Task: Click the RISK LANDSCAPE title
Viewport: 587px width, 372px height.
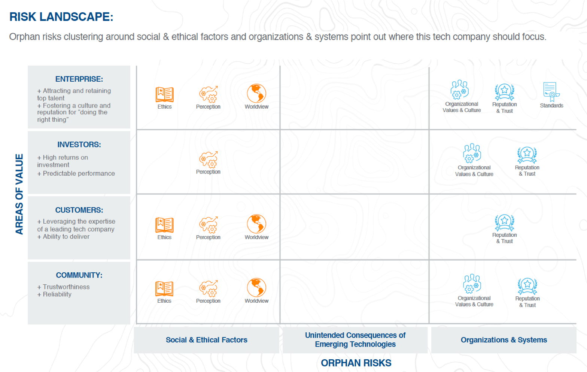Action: (61, 17)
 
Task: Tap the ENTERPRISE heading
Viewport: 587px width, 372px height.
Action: (79, 79)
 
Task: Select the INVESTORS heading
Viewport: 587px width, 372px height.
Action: (79, 145)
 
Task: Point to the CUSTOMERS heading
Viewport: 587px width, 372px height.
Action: (79, 210)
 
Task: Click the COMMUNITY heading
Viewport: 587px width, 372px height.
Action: (79, 275)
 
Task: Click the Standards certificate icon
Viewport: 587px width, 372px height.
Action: (551, 92)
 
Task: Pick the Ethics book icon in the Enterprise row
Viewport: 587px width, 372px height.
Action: (164, 94)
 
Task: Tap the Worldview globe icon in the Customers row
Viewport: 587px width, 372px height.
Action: (256, 224)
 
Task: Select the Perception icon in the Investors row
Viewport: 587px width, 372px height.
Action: (208, 160)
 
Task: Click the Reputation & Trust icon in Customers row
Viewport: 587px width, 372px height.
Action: (504, 223)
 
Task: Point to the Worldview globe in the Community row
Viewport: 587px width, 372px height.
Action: (256, 288)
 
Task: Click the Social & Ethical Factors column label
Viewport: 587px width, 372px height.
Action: (206, 340)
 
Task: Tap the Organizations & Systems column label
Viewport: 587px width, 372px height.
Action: (504, 340)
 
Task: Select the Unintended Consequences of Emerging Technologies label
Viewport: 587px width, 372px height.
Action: (355, 340)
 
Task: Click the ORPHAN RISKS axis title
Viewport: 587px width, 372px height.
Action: (356, 363)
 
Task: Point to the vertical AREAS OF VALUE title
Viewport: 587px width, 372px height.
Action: (19, 194)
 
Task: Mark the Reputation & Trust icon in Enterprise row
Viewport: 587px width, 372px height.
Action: (504, 92)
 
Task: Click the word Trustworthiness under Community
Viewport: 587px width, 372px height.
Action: (66, 287)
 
